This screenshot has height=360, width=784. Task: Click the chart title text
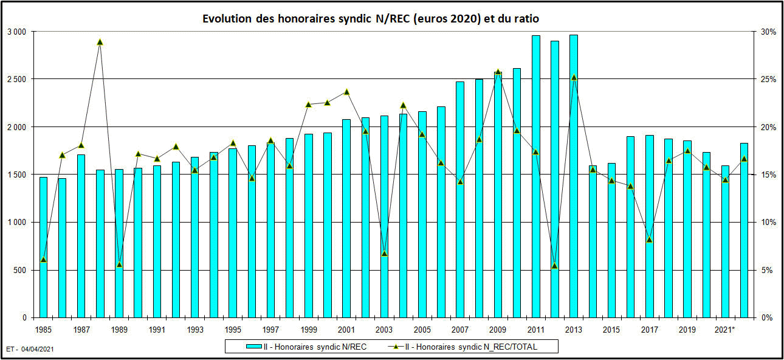[x=371, y=19]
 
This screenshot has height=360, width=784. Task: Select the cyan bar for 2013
[x=574, y=176]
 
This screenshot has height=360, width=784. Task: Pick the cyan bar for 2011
[x=535, y=176]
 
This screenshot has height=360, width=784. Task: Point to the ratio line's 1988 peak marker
[x=100, y=42]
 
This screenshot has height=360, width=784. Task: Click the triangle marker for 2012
[x=554, y=266]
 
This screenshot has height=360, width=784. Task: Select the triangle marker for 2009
[x=498, y=72]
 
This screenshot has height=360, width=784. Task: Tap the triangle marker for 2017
[x=649, y=240]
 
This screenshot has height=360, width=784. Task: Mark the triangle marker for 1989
[x=119, y=265]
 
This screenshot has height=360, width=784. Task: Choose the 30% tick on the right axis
[x=767, y=32]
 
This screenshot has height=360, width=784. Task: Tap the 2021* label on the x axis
[x=724, y=330]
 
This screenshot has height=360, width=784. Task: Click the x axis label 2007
[x=459, y=330]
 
